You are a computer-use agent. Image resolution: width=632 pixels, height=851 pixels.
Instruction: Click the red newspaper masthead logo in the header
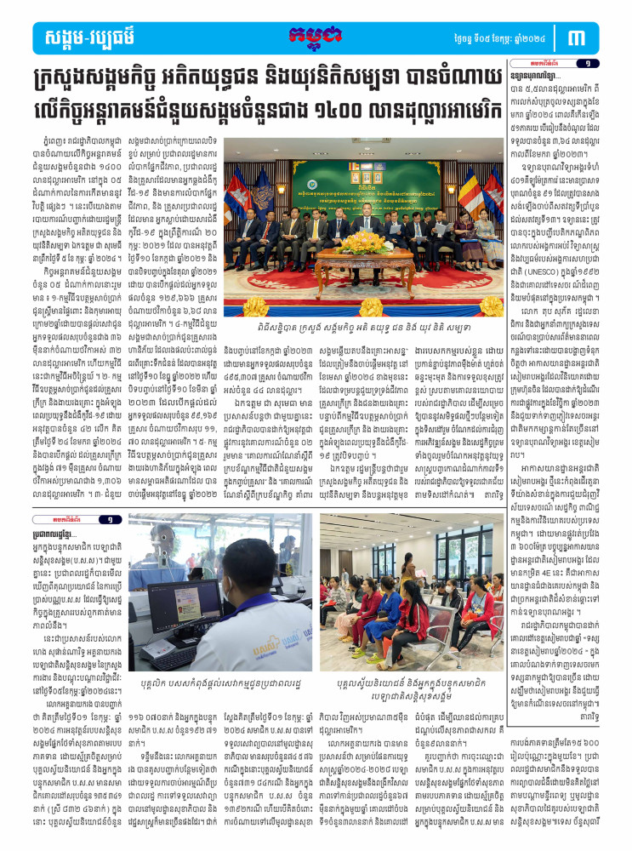(x=316, y=36)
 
